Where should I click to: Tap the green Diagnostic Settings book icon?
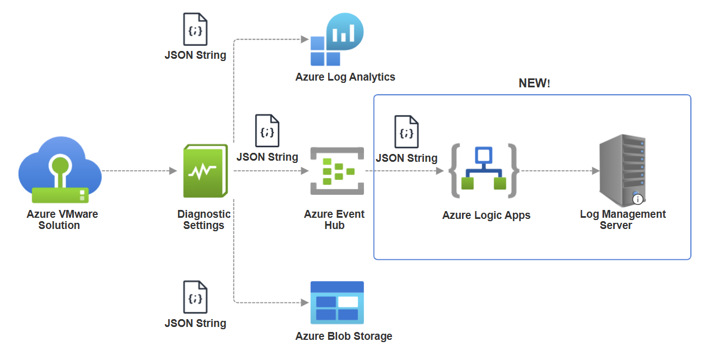206,171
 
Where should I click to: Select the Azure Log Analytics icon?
337,40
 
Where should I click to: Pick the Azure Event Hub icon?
337,171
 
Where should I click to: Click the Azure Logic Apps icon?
483,170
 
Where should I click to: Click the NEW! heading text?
534,83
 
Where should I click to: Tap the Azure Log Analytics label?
345,77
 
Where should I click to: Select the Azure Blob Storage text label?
344,336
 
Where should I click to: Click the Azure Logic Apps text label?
486,216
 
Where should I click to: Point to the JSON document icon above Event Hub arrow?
267,131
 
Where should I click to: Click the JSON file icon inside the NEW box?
407,132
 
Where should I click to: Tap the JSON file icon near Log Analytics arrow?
195,30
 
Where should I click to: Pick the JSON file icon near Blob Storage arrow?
195,297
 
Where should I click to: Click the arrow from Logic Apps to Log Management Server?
560,171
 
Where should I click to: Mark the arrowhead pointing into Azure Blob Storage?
305,302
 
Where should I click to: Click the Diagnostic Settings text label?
204,220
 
